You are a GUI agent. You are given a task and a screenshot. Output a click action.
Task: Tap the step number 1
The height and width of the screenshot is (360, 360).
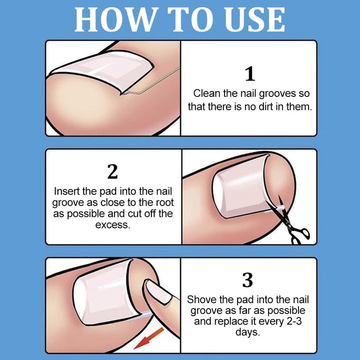[249, 74]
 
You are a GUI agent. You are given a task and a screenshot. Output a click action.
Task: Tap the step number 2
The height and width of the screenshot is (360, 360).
[113, 171]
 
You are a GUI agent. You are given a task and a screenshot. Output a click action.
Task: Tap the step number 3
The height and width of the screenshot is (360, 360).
[248, 280]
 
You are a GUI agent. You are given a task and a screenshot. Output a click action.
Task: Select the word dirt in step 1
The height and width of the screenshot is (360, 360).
[264, 106]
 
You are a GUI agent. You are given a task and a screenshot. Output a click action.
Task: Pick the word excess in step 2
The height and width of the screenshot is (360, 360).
[112, 225]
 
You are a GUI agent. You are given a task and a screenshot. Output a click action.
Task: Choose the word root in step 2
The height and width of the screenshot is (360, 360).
[160, 202]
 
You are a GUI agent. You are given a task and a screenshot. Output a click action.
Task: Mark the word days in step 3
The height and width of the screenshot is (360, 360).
[248, 332]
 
